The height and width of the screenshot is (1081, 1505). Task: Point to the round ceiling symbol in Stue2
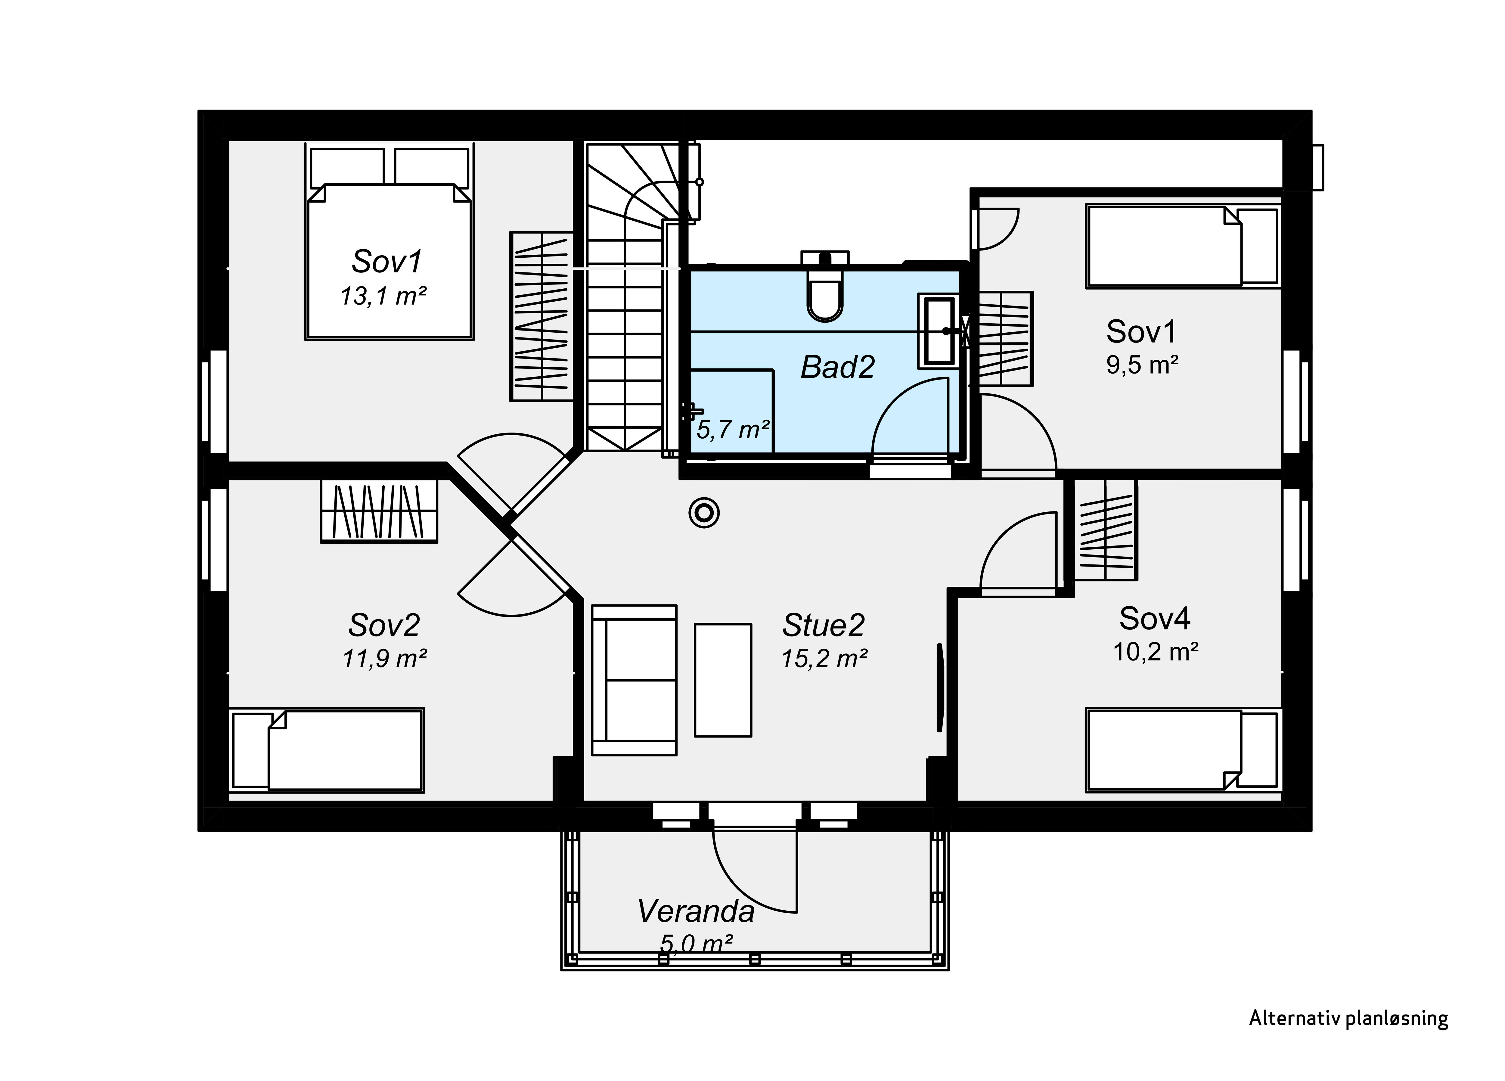pos(704,513)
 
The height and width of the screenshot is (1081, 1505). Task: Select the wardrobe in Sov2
pos(379,511)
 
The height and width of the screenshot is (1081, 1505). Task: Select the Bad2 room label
pos(837,367)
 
